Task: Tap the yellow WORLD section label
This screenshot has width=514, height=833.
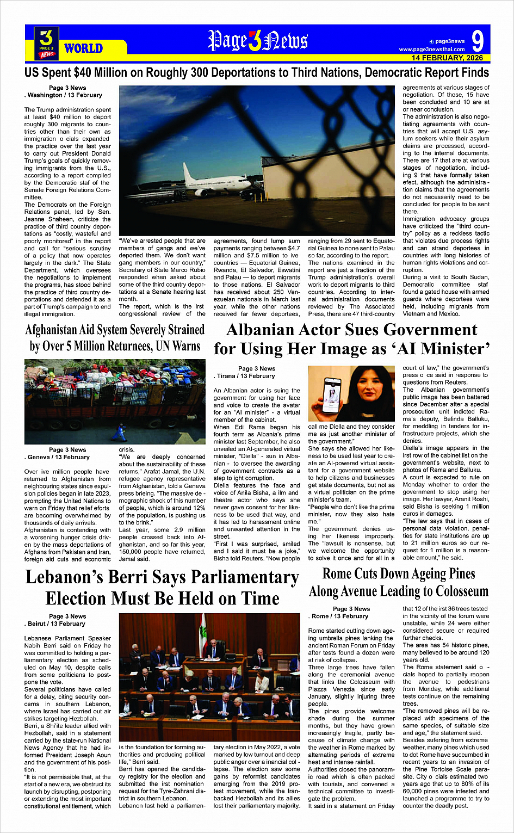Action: pos(83,48)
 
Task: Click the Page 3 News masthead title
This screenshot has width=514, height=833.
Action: pos(257,41)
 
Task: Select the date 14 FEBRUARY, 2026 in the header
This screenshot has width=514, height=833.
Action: pos(447,58)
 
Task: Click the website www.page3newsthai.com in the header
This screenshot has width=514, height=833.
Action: pos(432,50)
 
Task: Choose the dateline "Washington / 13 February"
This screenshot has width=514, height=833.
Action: pos(65,95)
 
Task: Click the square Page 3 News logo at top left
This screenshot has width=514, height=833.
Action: pos(46,43)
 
